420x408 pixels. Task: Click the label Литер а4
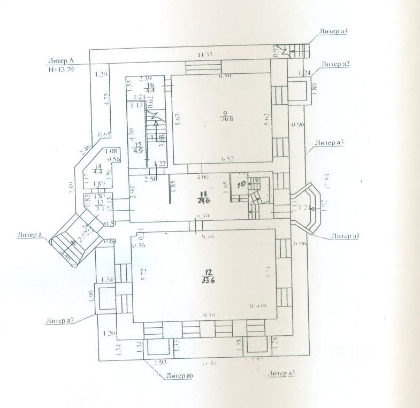coord(333,32)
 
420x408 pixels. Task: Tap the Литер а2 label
coord(335,64)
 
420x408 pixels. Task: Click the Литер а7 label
coord(59,321)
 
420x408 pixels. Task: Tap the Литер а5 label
coord(281,373)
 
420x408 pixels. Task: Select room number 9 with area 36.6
coord(225,116)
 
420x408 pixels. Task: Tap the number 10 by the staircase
coord(241,184)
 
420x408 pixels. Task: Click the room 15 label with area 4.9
coord(138,148)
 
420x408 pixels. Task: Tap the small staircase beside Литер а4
coord(299,52)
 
